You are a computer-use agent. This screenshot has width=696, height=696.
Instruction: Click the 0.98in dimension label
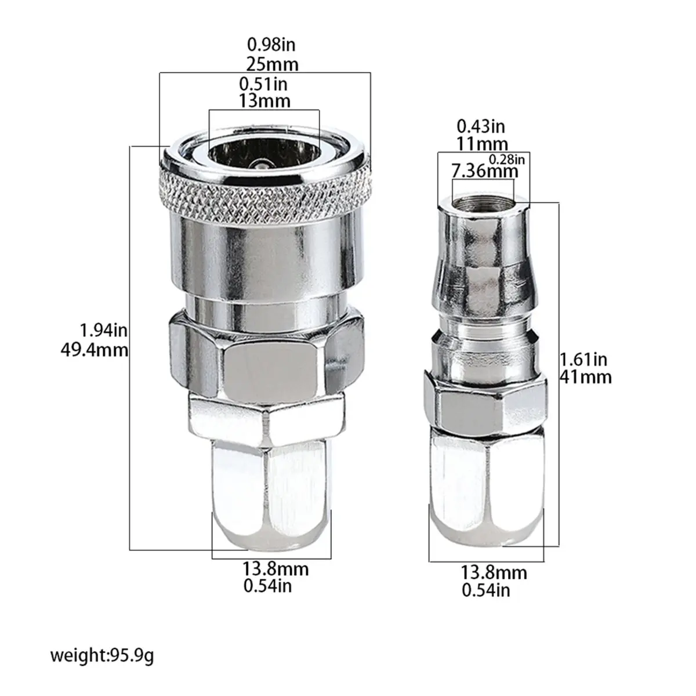271,45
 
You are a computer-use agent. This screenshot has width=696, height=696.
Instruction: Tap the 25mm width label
273,65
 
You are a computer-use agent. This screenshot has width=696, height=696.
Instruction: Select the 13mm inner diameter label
264,101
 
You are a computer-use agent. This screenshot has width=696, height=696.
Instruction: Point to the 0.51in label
263,84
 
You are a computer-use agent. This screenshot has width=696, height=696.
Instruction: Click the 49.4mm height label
95,350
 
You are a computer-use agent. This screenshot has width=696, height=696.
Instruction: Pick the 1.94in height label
104,331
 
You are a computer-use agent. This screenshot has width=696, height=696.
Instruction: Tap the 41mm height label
586,378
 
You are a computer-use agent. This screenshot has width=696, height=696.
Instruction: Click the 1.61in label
583,360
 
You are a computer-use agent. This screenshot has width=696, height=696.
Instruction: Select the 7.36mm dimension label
485,171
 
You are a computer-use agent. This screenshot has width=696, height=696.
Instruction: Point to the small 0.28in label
507,159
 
